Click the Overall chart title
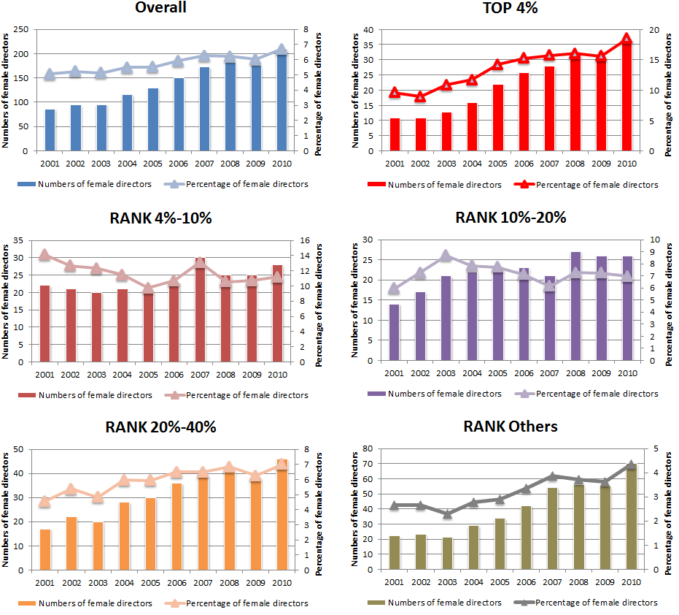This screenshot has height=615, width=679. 160,8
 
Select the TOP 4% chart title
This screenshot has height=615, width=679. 510,8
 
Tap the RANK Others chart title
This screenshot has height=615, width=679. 510,427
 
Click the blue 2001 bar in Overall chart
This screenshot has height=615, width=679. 50,130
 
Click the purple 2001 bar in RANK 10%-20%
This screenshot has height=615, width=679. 395,332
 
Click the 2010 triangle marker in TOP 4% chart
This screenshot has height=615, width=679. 626,39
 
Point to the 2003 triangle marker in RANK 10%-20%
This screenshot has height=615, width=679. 446,256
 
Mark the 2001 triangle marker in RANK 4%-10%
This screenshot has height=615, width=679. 44,255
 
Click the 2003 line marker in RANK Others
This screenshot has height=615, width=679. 446,514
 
